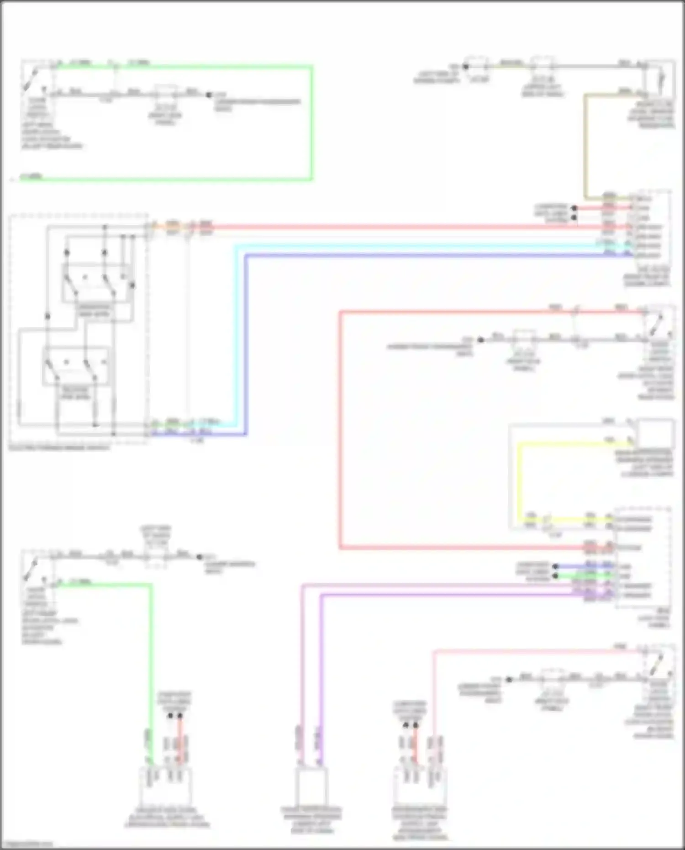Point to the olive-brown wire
pyautogui.click(x=585, y=146)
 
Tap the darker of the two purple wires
pyautogui.click(x=321, y=662)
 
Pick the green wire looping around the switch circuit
pyautogui.click(x=311, y=123)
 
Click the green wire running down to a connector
pyautogui.click(x=151, y=662)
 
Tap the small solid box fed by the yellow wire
pyautogui.click(x=655, y=434)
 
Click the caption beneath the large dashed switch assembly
pyautogui.click(x=59, y=448)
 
